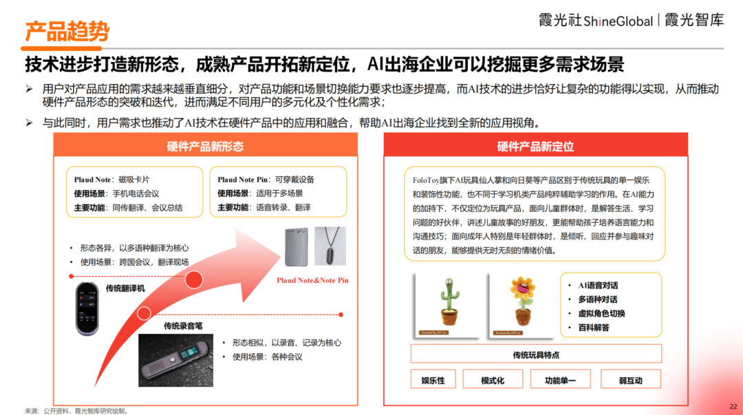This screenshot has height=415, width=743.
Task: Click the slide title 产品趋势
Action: pyautogui.click(x=67, y=31)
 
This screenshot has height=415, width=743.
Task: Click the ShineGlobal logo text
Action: pyautogui.click(x=618, y=21)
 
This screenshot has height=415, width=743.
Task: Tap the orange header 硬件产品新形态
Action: pyautogui.click(x=205, y=146)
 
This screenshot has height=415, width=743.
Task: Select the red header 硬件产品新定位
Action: pyautogui.click(x=535, y=146)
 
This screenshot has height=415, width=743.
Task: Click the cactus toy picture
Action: pyautogui.click(x=449, y=305)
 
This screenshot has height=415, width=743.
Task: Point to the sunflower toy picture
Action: pyautogui.click(x=521, y=305)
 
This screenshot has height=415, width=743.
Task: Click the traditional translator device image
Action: pyautogui.click(x=87, y=308)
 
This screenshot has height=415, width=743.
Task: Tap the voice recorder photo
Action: pyautogui.click(x=175, y=360)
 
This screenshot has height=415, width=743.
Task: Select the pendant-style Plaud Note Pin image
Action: pyautogui.click(x=330, y=246)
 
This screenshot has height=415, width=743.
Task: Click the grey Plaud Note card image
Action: pyautogui.click(x=296, y=246)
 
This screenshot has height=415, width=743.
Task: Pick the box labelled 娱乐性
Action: pyautogui.click(x=433, y=380)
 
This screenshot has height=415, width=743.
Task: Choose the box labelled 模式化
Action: pyautogui.click(x=493, y=380)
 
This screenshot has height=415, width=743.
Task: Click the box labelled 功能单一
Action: pyautogui.click(x=560, y=380)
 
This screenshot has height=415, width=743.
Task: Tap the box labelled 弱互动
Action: pyautogui.click(x=631, y=380)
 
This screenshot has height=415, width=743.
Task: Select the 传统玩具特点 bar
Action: pyautogui.click(x=536, y=354)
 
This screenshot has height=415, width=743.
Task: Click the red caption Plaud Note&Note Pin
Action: pyautogui.click(x=313, y=280)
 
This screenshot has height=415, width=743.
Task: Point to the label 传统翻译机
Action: pyautogui.click(x=125, y=288)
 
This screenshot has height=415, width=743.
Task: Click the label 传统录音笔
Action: pyautogui.click(x=183, y=326)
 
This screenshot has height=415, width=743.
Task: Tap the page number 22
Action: pyautogui.click(x=733, y=407)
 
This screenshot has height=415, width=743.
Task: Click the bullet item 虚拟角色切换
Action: pyautogui.click(x=601, y=314)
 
